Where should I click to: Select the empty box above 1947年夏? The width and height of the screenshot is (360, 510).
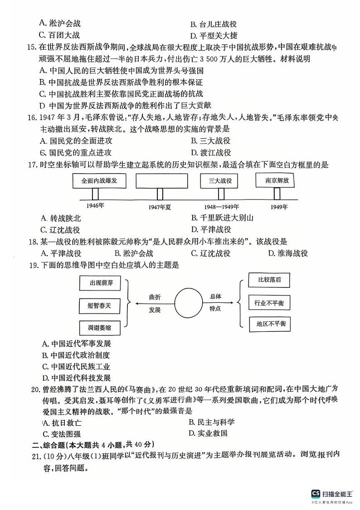pyautogui.click(x=160, y=180)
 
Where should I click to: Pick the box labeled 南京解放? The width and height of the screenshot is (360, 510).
pyautogui.click(x=277, y=180)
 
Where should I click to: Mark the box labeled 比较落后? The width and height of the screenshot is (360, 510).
pyautogui.click(x=269, y=280)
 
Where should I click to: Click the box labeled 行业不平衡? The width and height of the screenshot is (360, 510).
pyautogui.click(x=269, y=302)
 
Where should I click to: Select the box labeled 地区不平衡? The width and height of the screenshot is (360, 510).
pyautogui.click(x=269, y=324)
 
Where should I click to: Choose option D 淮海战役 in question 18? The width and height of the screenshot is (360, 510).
pyautogui.click(x=287, y=253)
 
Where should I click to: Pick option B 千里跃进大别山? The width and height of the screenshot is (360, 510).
pyautogui.click(x=222, y=218)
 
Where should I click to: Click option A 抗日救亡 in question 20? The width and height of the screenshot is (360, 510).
pyautogui.click(x=62, y=423)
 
